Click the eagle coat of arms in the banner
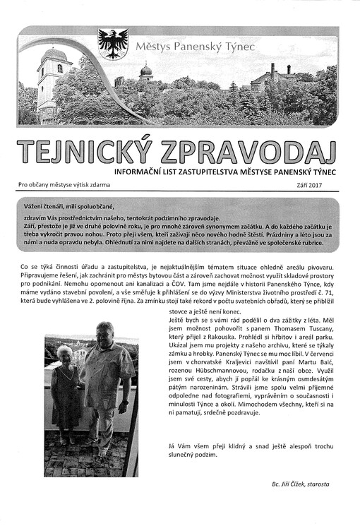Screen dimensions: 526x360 click(112, 44)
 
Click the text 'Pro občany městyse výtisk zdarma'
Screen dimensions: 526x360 click(64, 186)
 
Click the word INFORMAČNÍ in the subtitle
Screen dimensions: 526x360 click(146, 171)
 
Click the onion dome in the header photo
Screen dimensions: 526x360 click(146, 71)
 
